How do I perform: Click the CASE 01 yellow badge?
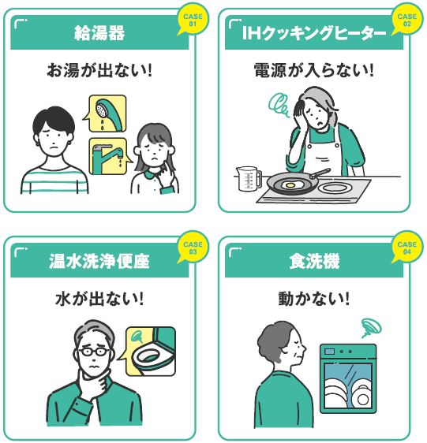[193, 20]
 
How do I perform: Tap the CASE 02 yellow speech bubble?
[407, 20]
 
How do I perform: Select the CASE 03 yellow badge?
[193, 248]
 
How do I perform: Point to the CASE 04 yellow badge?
[407, 248]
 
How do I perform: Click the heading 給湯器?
[99, 33]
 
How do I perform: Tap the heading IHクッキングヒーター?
[314, 33]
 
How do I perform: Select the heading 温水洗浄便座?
[99, 260]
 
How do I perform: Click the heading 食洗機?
[314, 260]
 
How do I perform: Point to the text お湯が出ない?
[99, 70]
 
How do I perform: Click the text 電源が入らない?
[314, 70]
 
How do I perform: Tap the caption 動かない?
[314, 298]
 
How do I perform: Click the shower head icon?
[108, 114]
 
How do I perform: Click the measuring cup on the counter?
[249, 178]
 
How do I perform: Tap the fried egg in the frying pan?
[291, 185]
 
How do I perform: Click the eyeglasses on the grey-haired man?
[94, 352]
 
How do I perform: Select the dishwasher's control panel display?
[329, 352]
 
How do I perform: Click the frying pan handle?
[320, 173]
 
